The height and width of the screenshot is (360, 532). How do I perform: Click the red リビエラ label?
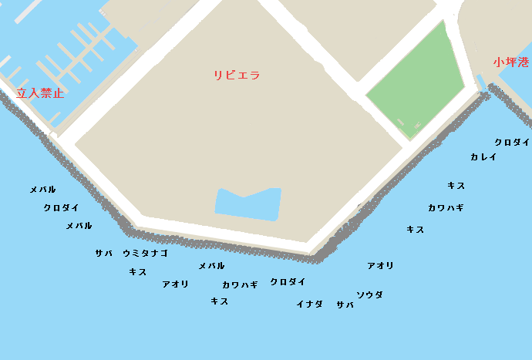pos(237,76)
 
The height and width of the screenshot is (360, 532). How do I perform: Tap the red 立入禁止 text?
pos(40,93)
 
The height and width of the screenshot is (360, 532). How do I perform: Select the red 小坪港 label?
pos(513,62)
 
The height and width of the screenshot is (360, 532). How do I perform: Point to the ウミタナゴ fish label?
pos(145,253)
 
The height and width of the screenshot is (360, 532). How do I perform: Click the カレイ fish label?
pos(483,157)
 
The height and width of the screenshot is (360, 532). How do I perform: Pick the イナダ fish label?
pos(309,304)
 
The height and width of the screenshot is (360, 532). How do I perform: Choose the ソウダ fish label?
pos(369,294)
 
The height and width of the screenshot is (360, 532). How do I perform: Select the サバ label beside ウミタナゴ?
pos(103,253)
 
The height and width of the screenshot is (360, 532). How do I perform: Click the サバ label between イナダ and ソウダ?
pos(345,304)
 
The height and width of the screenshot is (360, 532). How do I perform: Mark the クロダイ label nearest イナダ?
pos(288,282)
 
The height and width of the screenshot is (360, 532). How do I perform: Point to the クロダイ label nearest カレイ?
pos(512,142)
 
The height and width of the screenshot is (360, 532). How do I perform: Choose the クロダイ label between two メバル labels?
pos(62,207)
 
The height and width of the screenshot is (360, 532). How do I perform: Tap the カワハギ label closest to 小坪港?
pos(446,207)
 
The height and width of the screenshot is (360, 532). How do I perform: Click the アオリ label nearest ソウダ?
pos(380,266)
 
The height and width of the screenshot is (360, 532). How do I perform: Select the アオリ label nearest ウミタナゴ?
pos(175,284)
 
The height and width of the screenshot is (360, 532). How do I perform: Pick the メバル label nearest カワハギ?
pos(211,266)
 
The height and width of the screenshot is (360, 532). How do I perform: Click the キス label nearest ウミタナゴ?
pos(138,271)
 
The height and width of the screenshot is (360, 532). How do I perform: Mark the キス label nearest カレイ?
pos(456,186)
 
